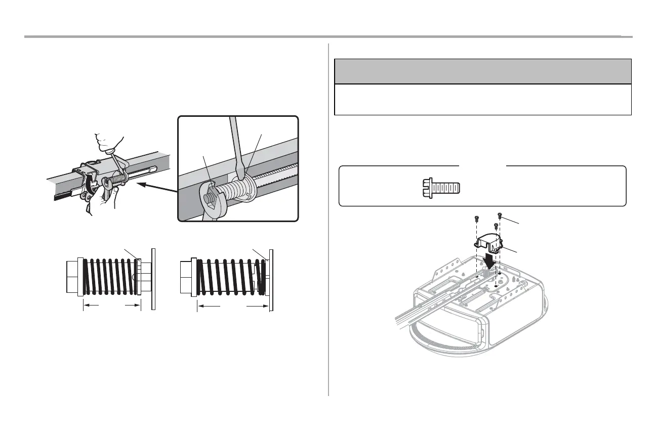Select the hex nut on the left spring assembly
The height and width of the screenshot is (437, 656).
pyautogui.click(x=72, y=277)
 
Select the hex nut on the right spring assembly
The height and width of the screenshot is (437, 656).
pyautogui.click(x=186, y=278)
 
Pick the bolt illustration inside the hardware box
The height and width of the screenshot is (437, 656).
pyautogui.click(x=440, y=188)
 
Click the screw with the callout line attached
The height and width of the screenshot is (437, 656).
pyautogui.click(x=500, y=215)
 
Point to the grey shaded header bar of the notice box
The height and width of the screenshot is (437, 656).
pyautogui.click(x=483, y=71)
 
